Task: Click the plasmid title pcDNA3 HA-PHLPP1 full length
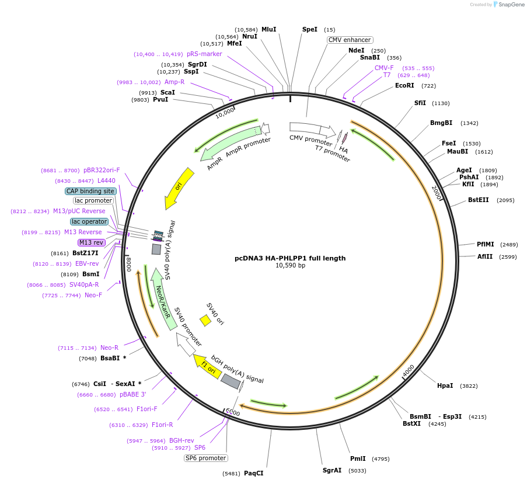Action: pyautogui.click(x=290, y=258)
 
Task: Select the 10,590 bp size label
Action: pyautogui.click(x=290, y=266)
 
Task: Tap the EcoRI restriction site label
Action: pyautogui.click(x=404, y=86)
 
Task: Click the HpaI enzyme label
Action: pyautogui.click(x=445, y=385)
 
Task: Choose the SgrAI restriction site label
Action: pyautogui.click(x=332, y=470)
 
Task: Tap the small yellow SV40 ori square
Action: pyautogui.click(x=205, y=321)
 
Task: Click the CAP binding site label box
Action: pyautogui.click(x=90, y=191)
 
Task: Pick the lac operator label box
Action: pyautogui.click(x=89, y=221)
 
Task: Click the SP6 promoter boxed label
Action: pyautogui.click(x=205, y=458)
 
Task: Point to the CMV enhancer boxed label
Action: pyautogui.click(x=349, y=40)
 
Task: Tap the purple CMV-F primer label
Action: pyautogui.click(x=384, y=68)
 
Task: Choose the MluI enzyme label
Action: pyautogui.click(x=268, y=29)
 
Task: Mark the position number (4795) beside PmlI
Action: pyautogui.click(x=381, y=459)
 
